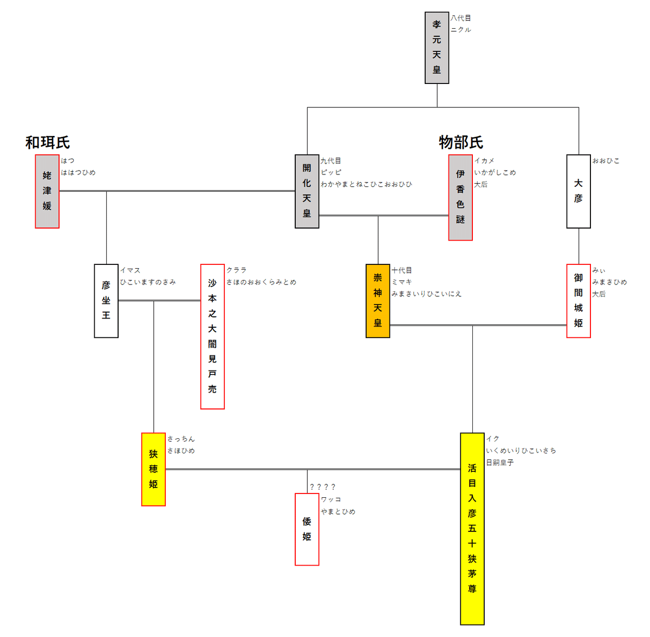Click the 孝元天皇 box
coord(437,48)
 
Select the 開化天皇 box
coord(307,191)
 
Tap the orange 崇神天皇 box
coord(378,301)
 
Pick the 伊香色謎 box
coord(460,197)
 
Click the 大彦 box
coord(578,191)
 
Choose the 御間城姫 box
coord(578,301)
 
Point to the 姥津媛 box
coord(47,191)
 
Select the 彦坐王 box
coord(106,301)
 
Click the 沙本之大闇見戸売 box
coord(212,336)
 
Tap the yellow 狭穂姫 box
coord(153,469)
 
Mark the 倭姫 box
coord(307,529)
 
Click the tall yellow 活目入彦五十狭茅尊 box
coord(472,529)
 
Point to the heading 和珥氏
coord(48,142)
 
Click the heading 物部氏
coord(461,142)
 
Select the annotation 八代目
coord(461,18)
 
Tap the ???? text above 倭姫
coord(322,486)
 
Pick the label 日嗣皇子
coord(499,462)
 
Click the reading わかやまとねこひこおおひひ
coord(366,184)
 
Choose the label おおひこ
coord(606,160)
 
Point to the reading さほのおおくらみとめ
coord(261,282)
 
